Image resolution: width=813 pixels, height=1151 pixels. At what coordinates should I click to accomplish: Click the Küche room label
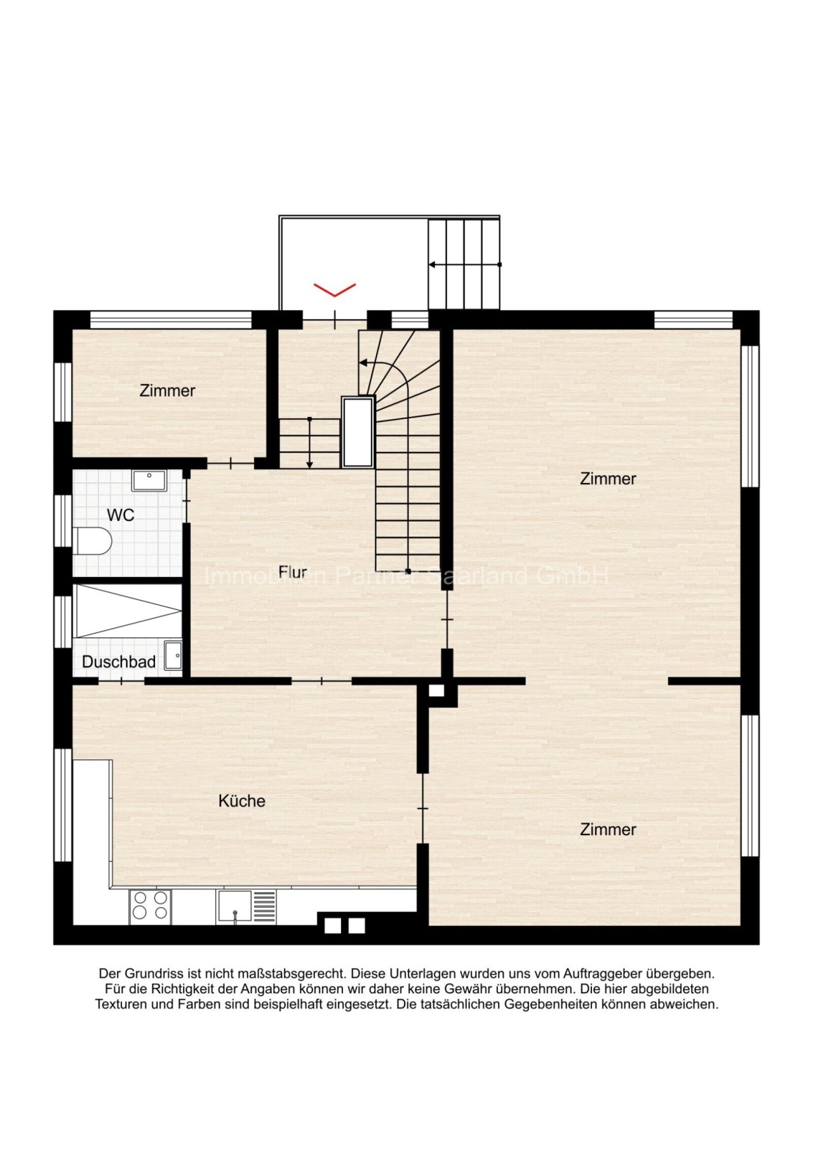[241, 801]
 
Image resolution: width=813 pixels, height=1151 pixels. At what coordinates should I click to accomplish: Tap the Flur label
[293, 572]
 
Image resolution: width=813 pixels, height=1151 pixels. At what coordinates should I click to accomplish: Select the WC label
[121, 515]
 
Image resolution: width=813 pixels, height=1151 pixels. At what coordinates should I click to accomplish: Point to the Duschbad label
[119, 662]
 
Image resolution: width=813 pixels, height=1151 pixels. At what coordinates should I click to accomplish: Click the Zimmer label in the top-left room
[167, 390]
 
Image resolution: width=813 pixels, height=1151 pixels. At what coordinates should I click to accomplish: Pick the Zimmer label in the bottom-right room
[608, 829]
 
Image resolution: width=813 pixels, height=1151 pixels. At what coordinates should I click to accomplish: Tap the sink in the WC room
[149, 480]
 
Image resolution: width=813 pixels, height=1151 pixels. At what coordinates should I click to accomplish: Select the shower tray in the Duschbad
[128, 611]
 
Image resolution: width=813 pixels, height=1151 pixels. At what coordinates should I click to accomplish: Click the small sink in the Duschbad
[173, 656]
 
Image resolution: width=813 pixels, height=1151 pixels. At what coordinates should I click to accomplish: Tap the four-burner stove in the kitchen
[151, 907]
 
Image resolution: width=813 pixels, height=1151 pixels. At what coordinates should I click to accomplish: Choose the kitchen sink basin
[234, 906]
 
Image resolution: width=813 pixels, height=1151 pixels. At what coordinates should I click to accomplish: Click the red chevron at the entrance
[335, 290]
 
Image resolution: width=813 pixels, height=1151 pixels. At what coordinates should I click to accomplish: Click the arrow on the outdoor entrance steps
[465, 264]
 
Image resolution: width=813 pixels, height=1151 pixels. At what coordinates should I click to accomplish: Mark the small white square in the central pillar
[437, 691]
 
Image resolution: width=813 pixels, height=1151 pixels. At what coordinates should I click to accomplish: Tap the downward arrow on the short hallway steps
[309, 443]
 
